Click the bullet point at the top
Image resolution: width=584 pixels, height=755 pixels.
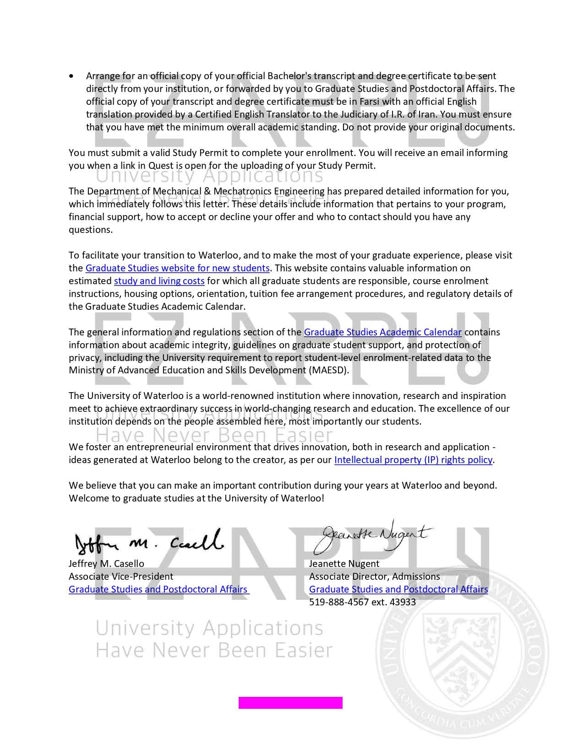click(71, 76)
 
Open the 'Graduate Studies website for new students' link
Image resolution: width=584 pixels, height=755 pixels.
click(177, 268)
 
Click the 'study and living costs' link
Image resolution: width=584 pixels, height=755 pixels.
click(159, 281)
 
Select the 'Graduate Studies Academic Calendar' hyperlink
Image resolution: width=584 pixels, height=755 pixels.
click(382, 332)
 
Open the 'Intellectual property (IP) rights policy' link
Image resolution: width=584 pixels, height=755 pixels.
click(413, 460)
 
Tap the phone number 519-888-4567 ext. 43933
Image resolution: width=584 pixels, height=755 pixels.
click(362, 602)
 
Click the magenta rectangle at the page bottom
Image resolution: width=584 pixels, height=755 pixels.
click(290, 703)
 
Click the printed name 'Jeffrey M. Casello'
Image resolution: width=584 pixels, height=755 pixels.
click(106, 564)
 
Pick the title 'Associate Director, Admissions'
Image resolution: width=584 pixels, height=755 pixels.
click(374, 577)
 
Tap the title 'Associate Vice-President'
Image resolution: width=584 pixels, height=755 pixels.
click(121, 577)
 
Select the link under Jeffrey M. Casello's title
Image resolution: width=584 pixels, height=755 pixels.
click(158, 589)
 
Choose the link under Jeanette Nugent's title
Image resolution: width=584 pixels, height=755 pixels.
click(398, 589)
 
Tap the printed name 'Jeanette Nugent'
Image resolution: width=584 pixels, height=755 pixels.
click(344, 564)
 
